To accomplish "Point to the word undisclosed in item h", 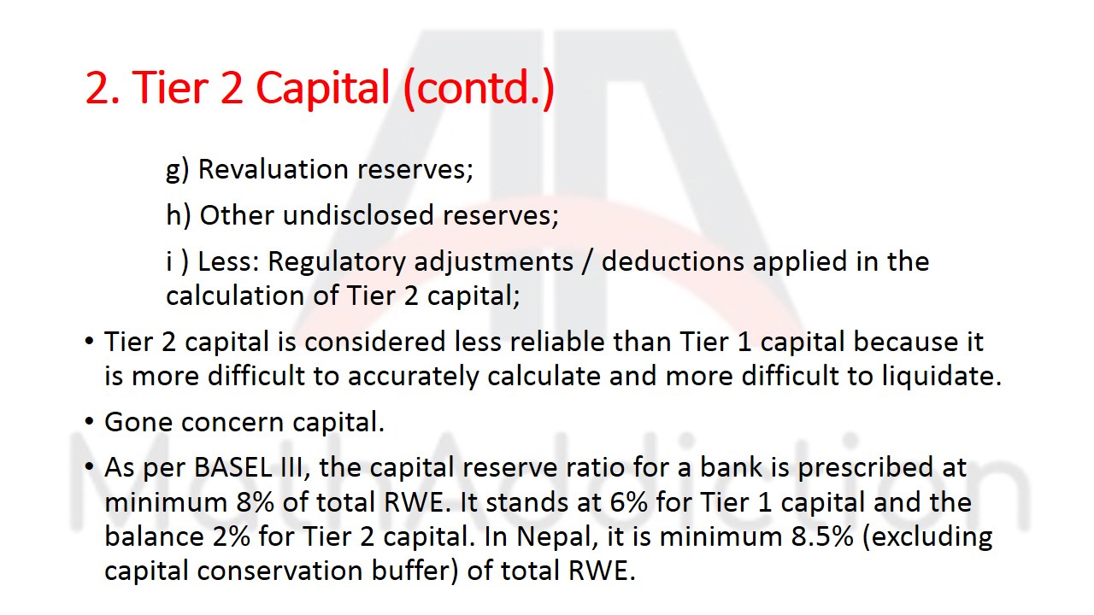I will [x=359, y=215].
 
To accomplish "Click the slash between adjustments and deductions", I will [x=587, y=261].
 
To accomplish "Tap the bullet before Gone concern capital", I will [x=90, y=422].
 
